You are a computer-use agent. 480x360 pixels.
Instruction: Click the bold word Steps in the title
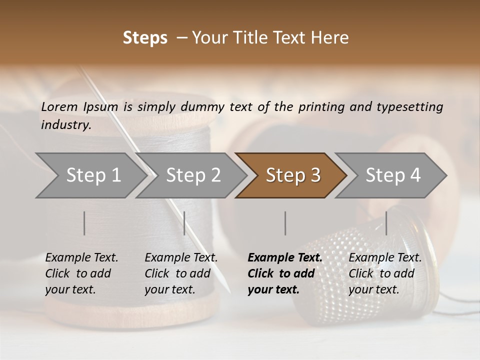pos(145,38)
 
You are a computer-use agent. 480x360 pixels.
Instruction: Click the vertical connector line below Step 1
pos(84,223)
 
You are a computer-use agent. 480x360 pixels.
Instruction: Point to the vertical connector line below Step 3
pos(285,223)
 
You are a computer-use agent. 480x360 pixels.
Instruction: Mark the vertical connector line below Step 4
pos(386,223)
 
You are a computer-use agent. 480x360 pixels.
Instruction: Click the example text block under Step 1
pos(81,273)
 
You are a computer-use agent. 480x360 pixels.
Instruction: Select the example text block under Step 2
pos(181,273)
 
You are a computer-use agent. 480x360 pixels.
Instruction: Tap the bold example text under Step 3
pos(285,273)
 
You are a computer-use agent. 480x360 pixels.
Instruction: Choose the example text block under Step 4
pos(385,273)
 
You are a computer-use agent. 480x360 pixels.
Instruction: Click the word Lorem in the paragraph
pos(59,107)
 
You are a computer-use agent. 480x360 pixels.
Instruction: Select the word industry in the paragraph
pos(66,125)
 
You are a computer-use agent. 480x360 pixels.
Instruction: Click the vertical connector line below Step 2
pos(184,223)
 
